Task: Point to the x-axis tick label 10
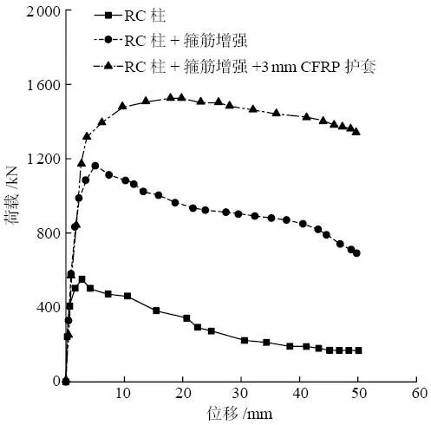pos(124,395)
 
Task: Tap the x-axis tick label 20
pos(183,395)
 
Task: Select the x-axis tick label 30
pos(242,395)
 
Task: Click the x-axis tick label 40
pos(301,395)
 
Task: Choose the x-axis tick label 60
pos(419,395)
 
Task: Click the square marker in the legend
pos(108,16)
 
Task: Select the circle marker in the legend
pos(108,40)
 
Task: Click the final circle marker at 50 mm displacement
pos(357,253)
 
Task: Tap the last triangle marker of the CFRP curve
pos(356,132)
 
